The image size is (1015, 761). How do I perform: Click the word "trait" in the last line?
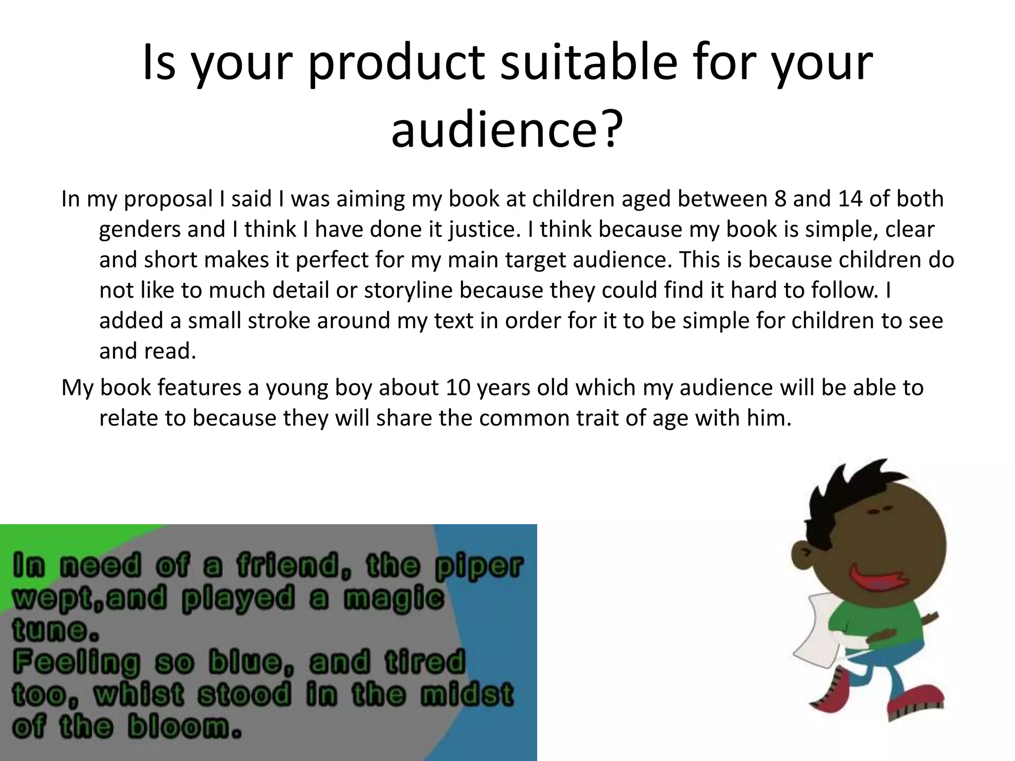click(598, 418)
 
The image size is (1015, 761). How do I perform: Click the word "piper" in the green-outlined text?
click(479, 566)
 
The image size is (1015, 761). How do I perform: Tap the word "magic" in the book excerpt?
click(394, 598)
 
